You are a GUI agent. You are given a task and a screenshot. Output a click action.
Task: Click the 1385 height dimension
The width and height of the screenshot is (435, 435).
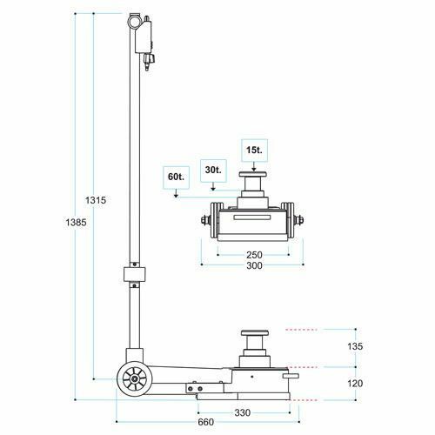[76, 223]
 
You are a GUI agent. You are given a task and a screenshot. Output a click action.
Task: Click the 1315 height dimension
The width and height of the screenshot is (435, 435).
[96, 200]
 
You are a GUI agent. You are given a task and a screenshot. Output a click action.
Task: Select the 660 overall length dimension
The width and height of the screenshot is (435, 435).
[206, 422]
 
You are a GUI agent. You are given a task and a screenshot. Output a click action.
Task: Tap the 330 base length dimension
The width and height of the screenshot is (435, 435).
[243, 412]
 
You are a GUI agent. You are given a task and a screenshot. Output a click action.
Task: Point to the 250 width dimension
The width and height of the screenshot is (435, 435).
[254, 255]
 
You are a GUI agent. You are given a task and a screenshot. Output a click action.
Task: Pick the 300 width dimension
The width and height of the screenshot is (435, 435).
[254, 265]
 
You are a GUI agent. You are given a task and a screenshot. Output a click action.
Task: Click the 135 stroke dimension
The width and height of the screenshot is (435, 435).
[355, 346]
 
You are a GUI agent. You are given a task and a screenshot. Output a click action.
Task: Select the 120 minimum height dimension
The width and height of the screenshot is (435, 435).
[355, 384]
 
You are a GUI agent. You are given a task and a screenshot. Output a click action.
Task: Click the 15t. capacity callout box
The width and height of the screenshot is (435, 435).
[254, 151]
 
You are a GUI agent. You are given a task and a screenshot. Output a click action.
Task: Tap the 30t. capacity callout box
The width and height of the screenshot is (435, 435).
[213, 171]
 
